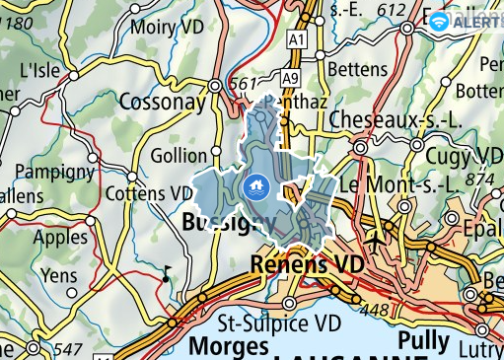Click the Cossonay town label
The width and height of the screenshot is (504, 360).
click(163, 102)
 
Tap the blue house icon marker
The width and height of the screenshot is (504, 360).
click(254, 184)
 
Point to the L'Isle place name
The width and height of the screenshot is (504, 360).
click(40, 71)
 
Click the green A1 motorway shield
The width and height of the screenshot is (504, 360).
click(296, 38)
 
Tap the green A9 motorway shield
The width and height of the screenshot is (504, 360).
click(288, 77)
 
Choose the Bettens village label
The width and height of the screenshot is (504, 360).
click(356, 70)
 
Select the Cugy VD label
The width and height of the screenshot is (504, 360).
click(464, 156)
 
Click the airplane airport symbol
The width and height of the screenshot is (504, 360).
click(376, 239)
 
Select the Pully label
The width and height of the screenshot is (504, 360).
click(425, 341)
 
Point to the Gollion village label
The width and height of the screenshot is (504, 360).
click(180, 157)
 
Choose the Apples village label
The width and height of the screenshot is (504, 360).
click(60, 238)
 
